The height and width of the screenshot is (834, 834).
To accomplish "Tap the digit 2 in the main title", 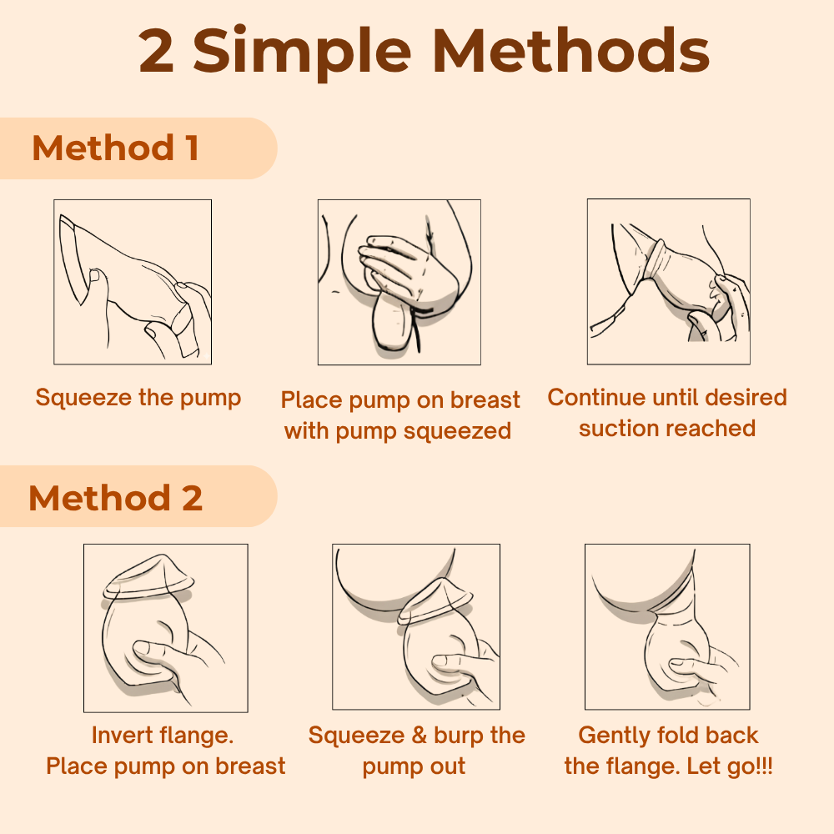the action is click(x=156, y=52).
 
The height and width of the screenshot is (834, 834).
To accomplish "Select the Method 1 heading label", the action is click(x=115, y=148).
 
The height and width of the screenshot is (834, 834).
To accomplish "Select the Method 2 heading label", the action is click(x=115, y=498).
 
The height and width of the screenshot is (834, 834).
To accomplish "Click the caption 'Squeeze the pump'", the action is click(x=138, y=398).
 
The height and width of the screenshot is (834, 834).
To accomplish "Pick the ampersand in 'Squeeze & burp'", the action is click(x=420, y=736).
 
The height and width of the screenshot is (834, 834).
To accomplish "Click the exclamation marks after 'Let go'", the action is click(x=764, y=766).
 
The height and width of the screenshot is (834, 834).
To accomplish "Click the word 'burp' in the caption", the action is click(x=459, y=736).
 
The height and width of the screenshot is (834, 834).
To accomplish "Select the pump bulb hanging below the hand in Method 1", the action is click(x=392, y=324).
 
